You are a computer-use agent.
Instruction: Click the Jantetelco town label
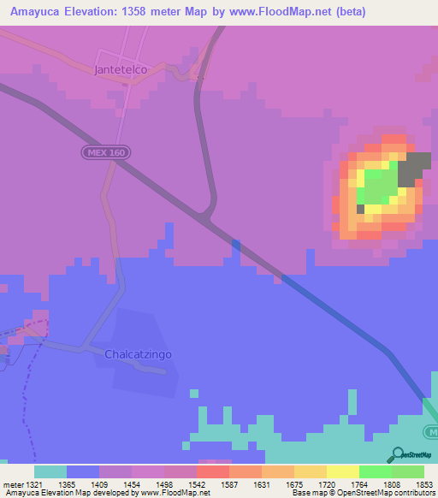121,69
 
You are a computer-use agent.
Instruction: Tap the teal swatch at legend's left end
50,471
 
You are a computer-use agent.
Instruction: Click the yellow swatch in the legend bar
343,471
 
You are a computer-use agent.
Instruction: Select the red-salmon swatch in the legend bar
213,471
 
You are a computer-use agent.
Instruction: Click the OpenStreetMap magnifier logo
400,454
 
